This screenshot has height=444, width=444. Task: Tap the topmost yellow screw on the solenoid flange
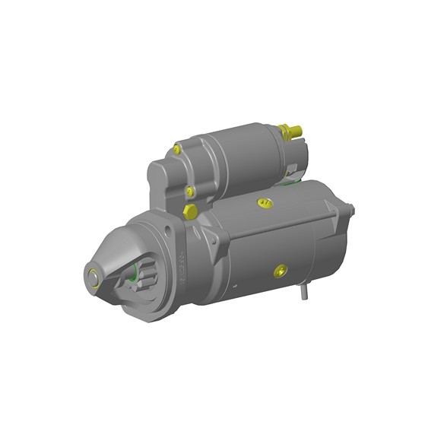tap(177, 149)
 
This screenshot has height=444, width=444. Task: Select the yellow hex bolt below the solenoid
tap(190, 211)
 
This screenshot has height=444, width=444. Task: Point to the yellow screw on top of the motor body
tap(264, 203)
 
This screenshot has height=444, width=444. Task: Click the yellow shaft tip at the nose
tap(94, 277)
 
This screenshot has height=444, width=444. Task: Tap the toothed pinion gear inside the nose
tap(125, 278)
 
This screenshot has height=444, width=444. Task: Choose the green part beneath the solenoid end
tap(290, 178)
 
